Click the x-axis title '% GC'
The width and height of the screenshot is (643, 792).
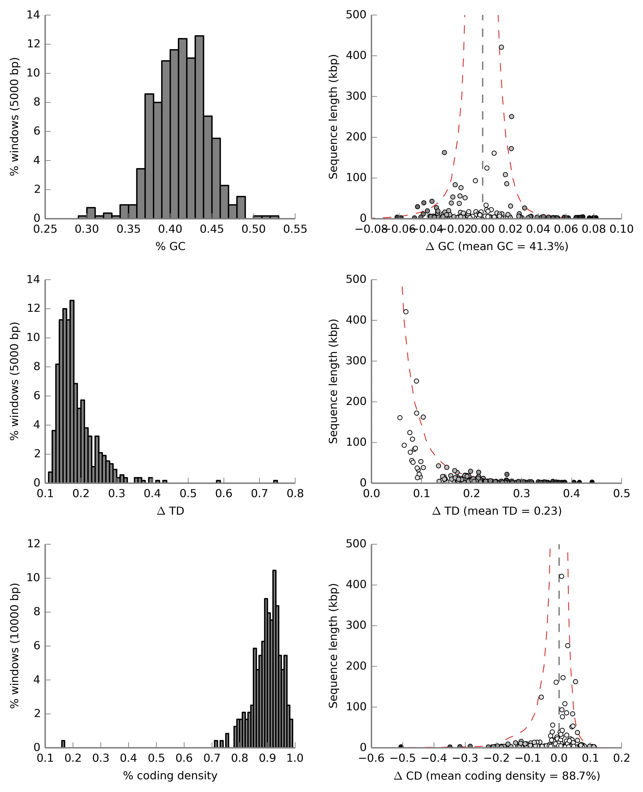(170, 246)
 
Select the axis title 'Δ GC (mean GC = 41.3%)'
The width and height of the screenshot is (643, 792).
(497, 246)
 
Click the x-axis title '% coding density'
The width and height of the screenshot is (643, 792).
(170, 776)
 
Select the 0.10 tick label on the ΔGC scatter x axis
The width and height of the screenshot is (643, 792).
(621, 229)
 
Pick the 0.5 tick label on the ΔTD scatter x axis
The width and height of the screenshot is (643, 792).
(621, 494)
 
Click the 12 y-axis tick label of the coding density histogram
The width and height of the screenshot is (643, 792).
(34, 544)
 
